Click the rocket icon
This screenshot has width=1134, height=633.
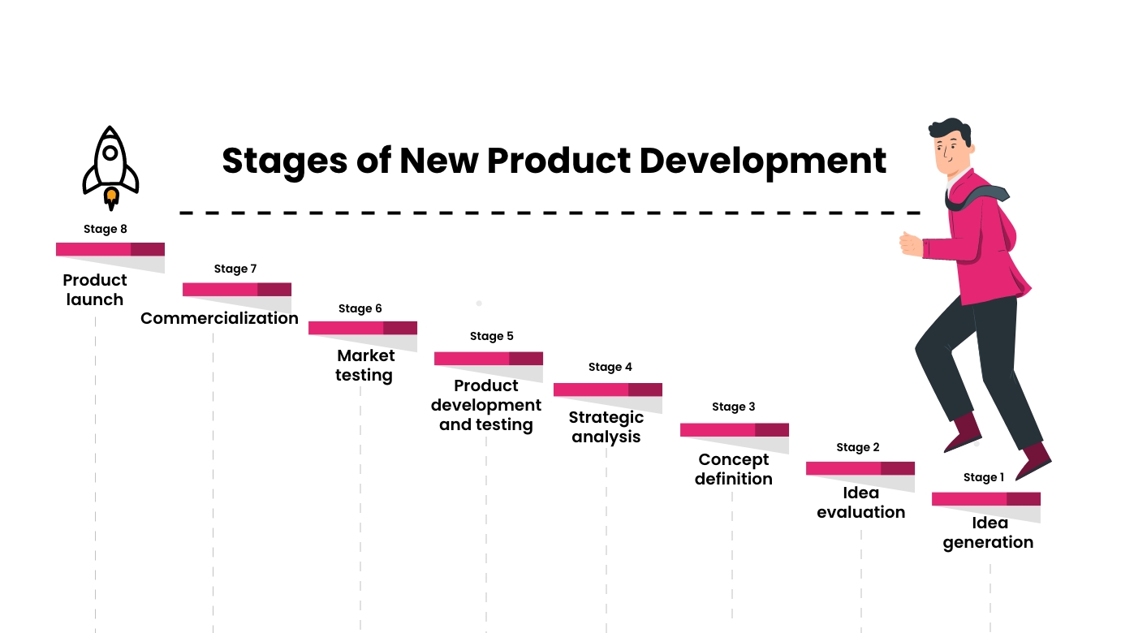(x=110, y=166)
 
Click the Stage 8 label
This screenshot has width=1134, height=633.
(x=106, y=229)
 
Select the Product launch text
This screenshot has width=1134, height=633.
(x=95, y=290)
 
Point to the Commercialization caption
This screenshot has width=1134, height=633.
(x=219, y=318)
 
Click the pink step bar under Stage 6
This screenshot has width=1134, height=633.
(x=362, y=328)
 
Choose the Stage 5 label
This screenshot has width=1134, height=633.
(x=491, y=336)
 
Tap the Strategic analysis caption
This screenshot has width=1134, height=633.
(x=606, y=427)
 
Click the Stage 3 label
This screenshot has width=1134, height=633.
(x=733, y=407)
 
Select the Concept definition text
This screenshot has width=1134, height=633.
(x=734, y=469)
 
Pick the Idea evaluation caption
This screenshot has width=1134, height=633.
(x=860, y=502)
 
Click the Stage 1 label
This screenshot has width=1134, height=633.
(x=984, y=477)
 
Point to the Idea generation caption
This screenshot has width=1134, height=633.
(x=989, y=532)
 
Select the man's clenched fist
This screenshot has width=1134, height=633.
(x=910, y=243)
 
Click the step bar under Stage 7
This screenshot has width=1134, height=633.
(x=236, y=289)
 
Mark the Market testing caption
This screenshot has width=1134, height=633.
(x=364, y=365)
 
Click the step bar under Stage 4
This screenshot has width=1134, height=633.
(x=607, y=390)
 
